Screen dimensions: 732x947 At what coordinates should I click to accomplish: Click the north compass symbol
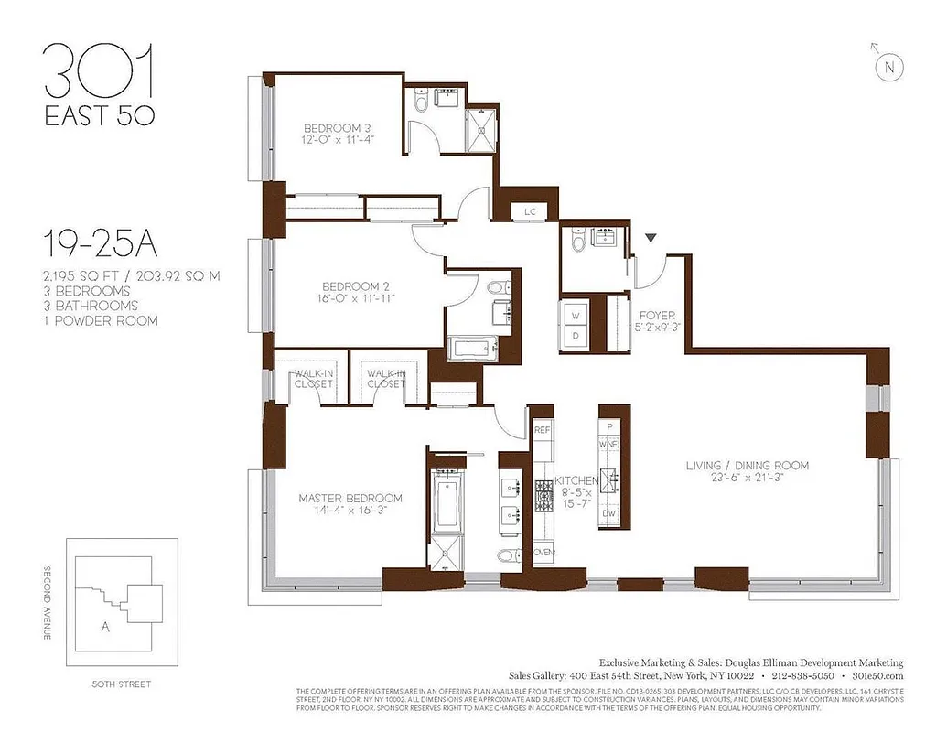coord(887,65)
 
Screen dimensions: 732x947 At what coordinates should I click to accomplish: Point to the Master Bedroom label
coord(350,499)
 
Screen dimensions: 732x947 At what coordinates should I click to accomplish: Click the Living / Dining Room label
coord(748,466)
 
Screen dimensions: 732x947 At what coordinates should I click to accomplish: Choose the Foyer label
coord(656,316)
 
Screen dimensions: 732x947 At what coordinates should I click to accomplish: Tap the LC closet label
coord(530,211)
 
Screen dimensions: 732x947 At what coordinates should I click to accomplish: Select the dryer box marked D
coord(576,335)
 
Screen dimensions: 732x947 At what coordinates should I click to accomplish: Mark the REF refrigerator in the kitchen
coord(542,428)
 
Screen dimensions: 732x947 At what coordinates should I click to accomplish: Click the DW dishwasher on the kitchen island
coord(609,514)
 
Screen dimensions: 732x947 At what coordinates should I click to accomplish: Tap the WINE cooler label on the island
coord(609,444)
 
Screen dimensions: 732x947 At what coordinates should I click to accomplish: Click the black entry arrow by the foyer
coord(651,239)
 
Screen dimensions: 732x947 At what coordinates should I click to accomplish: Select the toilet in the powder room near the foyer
coord(576,242)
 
